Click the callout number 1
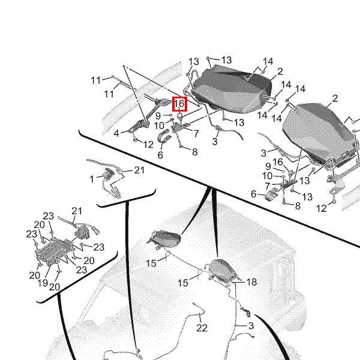(x=92, y=179)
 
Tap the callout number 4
(x=116, y=133)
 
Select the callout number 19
(x=43, y=283)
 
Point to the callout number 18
(x=251, y=282)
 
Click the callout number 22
(x=202, y=328)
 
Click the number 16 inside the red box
(x=179, y=104)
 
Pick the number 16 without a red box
(x=278, y=162)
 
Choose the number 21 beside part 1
(x=139, y=170)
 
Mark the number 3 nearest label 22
(x=251, y=326)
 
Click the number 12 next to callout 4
(x=148, y=145)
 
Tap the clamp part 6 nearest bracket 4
(x=164, y=136)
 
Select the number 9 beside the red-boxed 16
(x=158, y=116)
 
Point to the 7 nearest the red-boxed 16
(x=196, y=133)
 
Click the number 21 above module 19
(x=77, y=211)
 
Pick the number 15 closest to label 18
(x=183, y=283)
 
